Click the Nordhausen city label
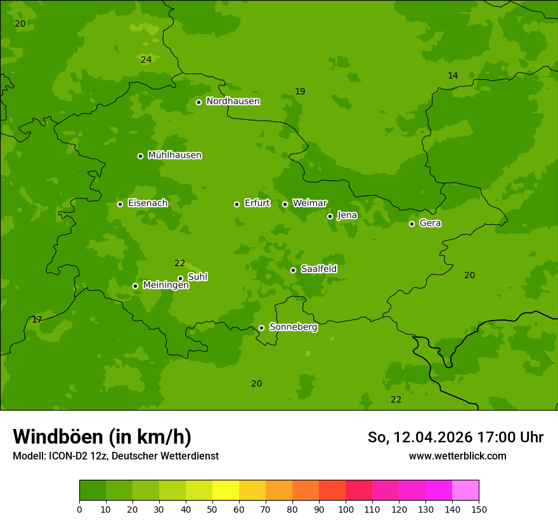(233, 101)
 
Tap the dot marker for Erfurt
(237, 204)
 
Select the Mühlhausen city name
(174, 155)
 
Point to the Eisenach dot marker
(120, 204)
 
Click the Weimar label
(309, 203)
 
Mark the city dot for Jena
(330, 216)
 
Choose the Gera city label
(430, 223)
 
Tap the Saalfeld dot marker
(293, 270)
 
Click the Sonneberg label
(293, 327)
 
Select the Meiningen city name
(165, 285)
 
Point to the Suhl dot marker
(180, 278)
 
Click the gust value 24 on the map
(146, 60)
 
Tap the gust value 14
(453, 75)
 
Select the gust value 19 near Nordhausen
(300, 91)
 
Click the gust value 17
(37, 319)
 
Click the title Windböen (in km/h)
(102, 437)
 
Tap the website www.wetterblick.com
(457, 456)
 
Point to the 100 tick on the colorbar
(346, 509)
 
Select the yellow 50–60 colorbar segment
(225, 491)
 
